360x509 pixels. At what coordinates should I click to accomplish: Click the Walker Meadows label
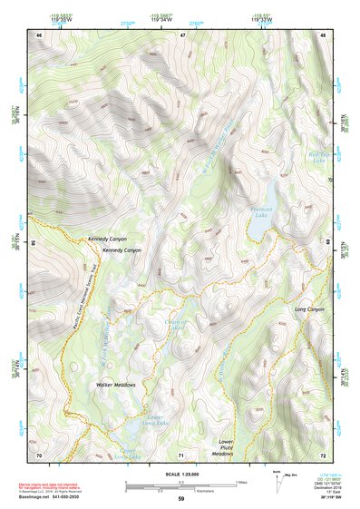coord(116,386)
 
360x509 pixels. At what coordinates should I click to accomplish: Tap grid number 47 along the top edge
coord(182,34)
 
